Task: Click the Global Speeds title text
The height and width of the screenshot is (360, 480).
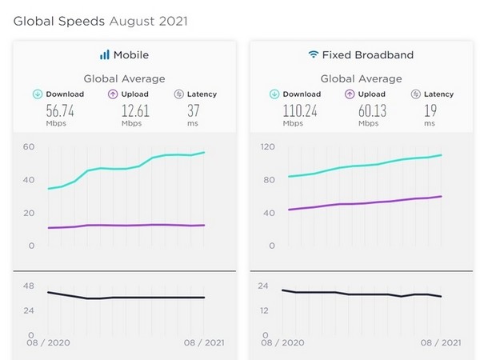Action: pyautogui.click(x=101, y=20)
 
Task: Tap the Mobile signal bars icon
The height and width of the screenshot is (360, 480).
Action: pyautogui.click(x=104, y=55)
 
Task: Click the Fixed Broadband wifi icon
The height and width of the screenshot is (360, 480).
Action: pyautogui.click(x=313, y=55)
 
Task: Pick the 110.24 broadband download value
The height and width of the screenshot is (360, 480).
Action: pyautogui.click(x=299, y=111)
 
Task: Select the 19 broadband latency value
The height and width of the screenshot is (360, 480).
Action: pyautogui.click(x=430, y=111)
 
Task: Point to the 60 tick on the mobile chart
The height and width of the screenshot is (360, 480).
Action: pyautogui.click(x=29, y=146)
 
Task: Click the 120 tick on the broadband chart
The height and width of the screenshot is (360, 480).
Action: pyautogui.click(x=268, y=146)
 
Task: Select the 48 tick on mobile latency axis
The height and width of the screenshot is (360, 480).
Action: pyautogui.click(x=29, y=286)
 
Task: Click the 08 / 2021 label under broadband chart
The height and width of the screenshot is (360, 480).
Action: pyautogui.click(x=440, y=342)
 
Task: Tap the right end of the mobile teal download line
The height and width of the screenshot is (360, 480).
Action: pyautogui.click(x=205, y=152)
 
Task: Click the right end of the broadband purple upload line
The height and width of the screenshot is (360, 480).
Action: pyautogui.click(x=442, y=196)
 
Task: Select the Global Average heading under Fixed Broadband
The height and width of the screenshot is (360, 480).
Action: pyautogui.click(x=361, y=78)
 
